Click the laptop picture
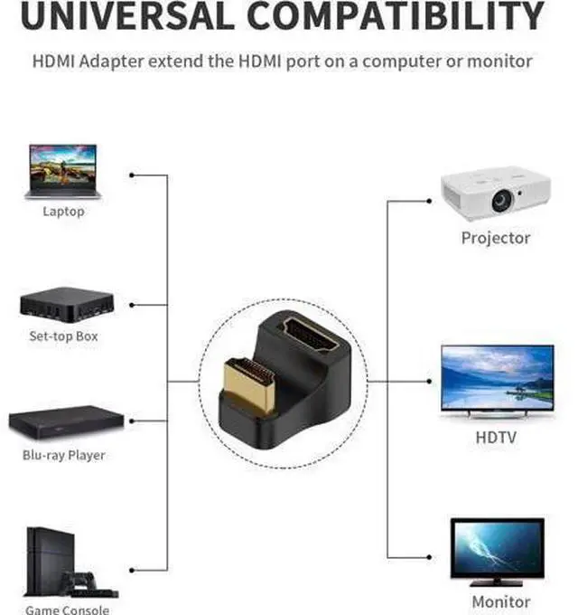(x=63, y=172)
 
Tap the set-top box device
(x=67, y=305)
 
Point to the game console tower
(x=50, y=562)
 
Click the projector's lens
(x=502, y=200)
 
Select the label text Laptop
(x=63, y=212)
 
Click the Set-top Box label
(x=63, y=336)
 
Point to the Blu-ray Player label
(x=64, y=455)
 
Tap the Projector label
(x=496, y=239)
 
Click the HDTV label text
(x=496, y=438)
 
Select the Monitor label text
(x=501, y=601)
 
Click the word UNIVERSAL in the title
(x=127, y=15)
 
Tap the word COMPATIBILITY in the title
(x=396, y=15)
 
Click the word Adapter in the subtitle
(x=112, y=61)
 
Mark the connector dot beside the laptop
(x=132, y=175)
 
